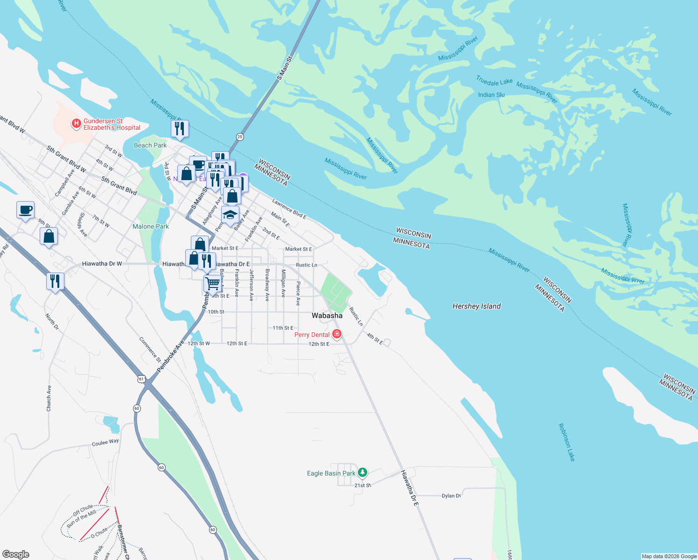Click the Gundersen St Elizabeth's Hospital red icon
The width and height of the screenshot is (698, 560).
pyautogui.click(x=76, y=124)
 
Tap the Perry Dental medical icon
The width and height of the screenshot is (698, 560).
pyautogui.click(x=336, y=334)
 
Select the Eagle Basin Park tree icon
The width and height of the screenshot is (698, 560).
pyautogui.click(x=363, y=473)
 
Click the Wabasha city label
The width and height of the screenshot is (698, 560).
pyautogui.click(x=327, y=315)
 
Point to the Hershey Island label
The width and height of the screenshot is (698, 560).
pyautogui.click(x=476, y=306)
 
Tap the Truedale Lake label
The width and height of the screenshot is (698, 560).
pyautogui.click(x=494, y=81)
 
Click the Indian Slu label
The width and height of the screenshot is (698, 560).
pyautogui.click(x=491, y=95)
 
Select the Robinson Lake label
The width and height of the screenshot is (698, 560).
pyautogui.click(x=566, y=442)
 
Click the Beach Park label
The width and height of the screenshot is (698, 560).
pyautogui.click(x=150, y=145)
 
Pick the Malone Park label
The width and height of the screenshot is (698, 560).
pyautogui.click(x=150, y=226)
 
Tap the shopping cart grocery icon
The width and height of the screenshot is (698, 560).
pyautogui.click(x=212, y=283)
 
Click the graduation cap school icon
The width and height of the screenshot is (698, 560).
pyautogui.click(x=230, y=215)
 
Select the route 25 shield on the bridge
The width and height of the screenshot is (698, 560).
pyautogui.click(x=240, y=137)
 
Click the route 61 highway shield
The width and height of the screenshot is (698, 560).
pyautogui.click(x=141, y=379)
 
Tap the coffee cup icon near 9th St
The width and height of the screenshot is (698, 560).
pyautogui.click(x=26, y=210)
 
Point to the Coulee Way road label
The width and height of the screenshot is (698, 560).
pyautogui.click(x=105, y=442)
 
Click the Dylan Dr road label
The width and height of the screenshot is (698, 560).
pyautogui.click(x=451, y=496)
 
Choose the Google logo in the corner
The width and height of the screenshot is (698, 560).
pyautogui.click(x=16, y=554)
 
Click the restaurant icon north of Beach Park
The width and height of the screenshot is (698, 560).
pyautogui.click(x=180, y=128)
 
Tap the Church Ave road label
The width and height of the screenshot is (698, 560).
pyautogui.click(x=49, y=398)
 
